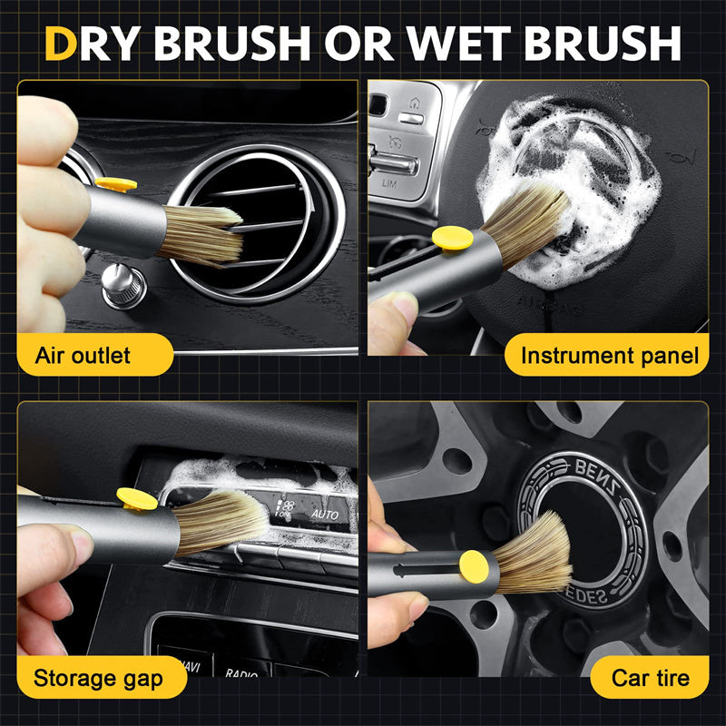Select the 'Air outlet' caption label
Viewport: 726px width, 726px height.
tap(83, 355)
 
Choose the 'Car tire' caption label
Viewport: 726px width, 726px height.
tap(650, 677)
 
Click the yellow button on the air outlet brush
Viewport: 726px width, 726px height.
tap(115, 185)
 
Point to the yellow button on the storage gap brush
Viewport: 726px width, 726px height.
tap(137, 498)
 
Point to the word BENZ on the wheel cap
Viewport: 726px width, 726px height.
tap(590, 474)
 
